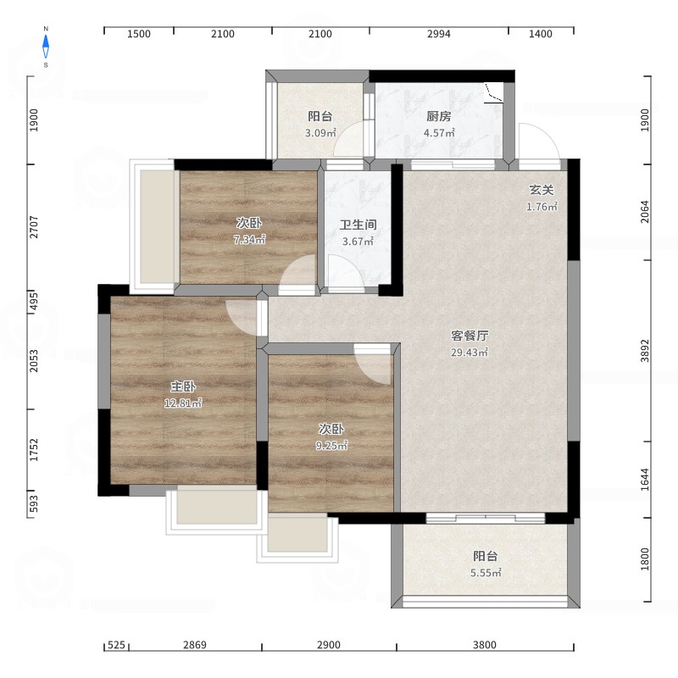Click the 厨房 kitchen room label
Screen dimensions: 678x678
[x=438, y=116]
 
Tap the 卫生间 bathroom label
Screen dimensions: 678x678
[x=358, y=225]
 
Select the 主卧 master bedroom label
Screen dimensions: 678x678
[x=183, y=386]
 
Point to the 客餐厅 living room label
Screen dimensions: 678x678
[x=470, y=336]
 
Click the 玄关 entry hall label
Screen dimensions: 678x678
[x=542, y=190]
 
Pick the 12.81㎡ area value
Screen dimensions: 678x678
[x=183, y=403]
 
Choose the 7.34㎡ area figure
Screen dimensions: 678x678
[x=249, y=239]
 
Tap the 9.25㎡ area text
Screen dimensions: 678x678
[x=331, y=446]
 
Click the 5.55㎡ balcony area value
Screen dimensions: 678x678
[x=486, y=573]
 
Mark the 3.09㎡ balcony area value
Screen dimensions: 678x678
[x=320, y=133]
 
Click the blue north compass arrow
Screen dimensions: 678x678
[x=46, y=47]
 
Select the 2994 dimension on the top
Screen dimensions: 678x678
[x=438, y=34]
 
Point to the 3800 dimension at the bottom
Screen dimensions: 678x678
[x=484, y=645]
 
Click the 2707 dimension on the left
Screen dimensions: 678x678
[x=34, y=227]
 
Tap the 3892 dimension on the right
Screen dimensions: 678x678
[x=645, y=351]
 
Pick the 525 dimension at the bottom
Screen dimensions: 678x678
[x=116, y=645]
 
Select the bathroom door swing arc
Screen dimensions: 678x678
[x=344, y=271]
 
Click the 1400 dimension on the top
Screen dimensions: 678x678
[x=541, y=34]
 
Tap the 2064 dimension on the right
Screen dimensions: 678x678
[x=645, y=211]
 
